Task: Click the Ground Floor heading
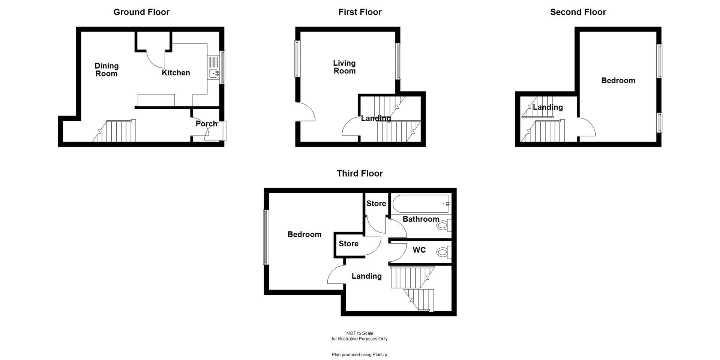pos(141,12)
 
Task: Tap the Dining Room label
pos(106,70)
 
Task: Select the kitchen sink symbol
pos(213,73)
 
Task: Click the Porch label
pos(206,123)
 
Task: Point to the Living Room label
pos(344,67)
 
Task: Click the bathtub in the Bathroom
pos(421,204)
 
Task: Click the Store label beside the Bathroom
pos(376,203)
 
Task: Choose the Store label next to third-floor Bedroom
pos(348,244)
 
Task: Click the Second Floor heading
pos(577,12)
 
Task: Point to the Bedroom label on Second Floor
pos(618,81)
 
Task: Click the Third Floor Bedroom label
pos(304,234)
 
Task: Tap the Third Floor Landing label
pos(366,276)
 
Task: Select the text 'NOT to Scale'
pos(360,333)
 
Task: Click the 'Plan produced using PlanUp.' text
pos(360,354)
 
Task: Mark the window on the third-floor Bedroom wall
pos(266,237)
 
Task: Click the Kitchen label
pos(175,73)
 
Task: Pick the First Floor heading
pos(360,12)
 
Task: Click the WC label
pos(419,250)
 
